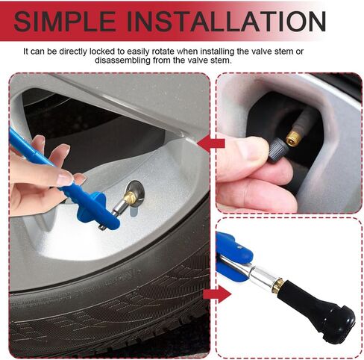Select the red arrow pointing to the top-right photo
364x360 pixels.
tap(213, 142)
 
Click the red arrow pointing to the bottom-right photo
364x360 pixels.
tap(213, 294)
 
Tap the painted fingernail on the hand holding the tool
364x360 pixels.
tap(65, 179)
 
